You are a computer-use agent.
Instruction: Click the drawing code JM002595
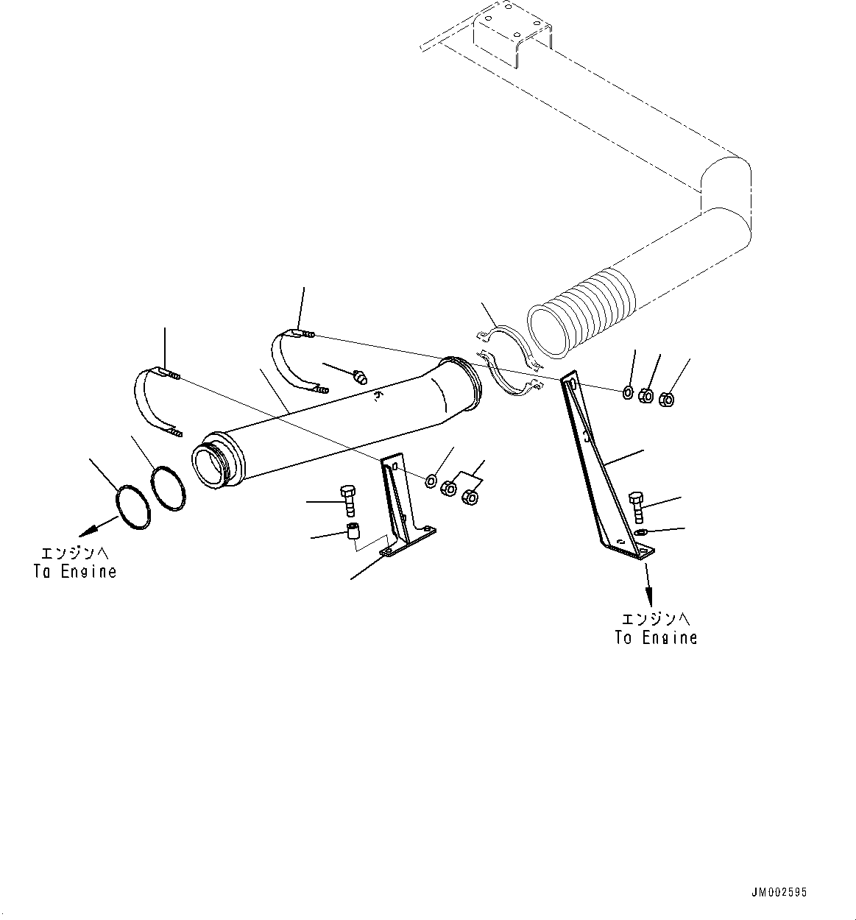(779, 892)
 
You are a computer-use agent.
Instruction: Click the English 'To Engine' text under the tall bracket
(656, 638)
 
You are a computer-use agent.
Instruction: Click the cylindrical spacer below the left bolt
(353, 531)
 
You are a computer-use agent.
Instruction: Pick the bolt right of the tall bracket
(637, 506)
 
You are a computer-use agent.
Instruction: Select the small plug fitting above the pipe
(361, 378)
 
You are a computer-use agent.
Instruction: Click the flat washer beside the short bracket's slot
(431, 481)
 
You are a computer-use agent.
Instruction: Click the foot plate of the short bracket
(409, 542)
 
